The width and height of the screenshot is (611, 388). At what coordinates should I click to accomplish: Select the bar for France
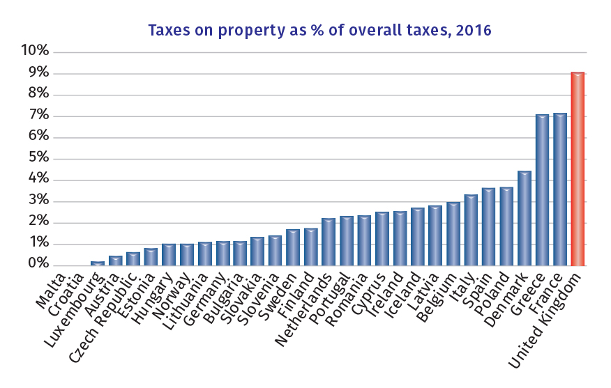[x=559, y=189]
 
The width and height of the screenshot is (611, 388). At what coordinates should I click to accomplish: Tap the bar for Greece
[x=541, y=189]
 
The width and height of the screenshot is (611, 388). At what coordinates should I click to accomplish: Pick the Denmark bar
[x=524, y=218]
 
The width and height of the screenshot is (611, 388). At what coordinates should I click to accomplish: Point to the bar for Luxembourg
[x=97, y=263]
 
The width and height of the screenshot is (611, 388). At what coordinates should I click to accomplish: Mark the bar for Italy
[x=471, y=230]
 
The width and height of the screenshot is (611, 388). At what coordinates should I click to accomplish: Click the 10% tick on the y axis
[x=35, y=52]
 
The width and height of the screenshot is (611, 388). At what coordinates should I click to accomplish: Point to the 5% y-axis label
[x=38, y=158]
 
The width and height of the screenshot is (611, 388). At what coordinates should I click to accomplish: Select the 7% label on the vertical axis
[x=38, y=116]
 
